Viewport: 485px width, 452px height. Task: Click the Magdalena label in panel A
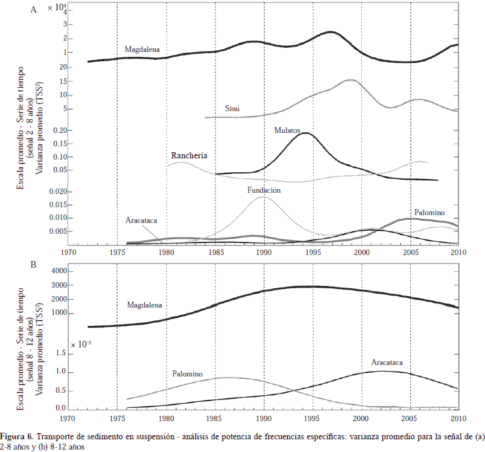point(142,50)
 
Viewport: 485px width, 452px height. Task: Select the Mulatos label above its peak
point(288,129)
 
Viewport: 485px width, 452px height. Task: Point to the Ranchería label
point(189,155)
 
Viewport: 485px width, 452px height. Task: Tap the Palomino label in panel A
point(429,212)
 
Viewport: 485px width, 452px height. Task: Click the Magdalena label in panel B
point(145,305)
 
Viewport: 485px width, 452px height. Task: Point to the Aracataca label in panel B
point(387,362)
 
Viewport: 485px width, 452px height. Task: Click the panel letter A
point(34,8)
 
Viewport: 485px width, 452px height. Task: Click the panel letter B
point(34,263)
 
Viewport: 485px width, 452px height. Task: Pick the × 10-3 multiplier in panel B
point(80,344)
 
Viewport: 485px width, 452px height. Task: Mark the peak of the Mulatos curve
point(306,133)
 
